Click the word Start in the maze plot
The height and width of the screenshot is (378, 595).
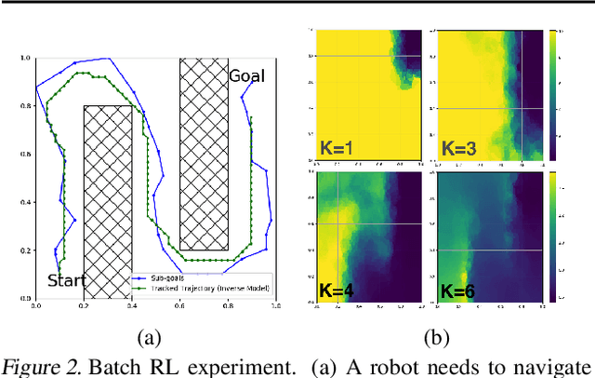67,280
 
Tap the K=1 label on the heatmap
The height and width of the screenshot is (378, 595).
337,147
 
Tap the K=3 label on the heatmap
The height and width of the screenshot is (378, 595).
459,147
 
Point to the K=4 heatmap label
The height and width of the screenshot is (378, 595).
337,290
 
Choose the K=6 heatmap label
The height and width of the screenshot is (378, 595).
459,290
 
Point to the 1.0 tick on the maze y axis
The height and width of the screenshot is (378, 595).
26,59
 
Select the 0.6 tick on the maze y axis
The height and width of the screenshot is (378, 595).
26,155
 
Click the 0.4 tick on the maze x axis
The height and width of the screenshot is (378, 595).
131,305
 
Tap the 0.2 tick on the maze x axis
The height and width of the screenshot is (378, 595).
84,305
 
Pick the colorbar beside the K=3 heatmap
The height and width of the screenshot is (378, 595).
555,94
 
